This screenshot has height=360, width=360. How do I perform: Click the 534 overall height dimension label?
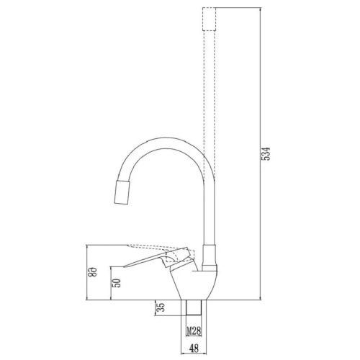point(266,153)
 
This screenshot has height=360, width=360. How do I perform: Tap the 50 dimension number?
point(117,283)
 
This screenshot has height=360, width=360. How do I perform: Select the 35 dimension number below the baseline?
point(161,307)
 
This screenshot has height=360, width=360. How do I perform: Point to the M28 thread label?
point(194,331)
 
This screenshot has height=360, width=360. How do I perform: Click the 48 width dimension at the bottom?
point(194,348)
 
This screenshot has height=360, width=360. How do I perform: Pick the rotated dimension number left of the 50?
point(93,271)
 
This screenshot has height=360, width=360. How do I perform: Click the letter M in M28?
point(189,331)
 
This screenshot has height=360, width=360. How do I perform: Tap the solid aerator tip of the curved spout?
point(122,192)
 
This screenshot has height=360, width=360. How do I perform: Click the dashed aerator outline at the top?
point(209,19)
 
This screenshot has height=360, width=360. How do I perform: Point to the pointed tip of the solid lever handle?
point(124,266)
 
